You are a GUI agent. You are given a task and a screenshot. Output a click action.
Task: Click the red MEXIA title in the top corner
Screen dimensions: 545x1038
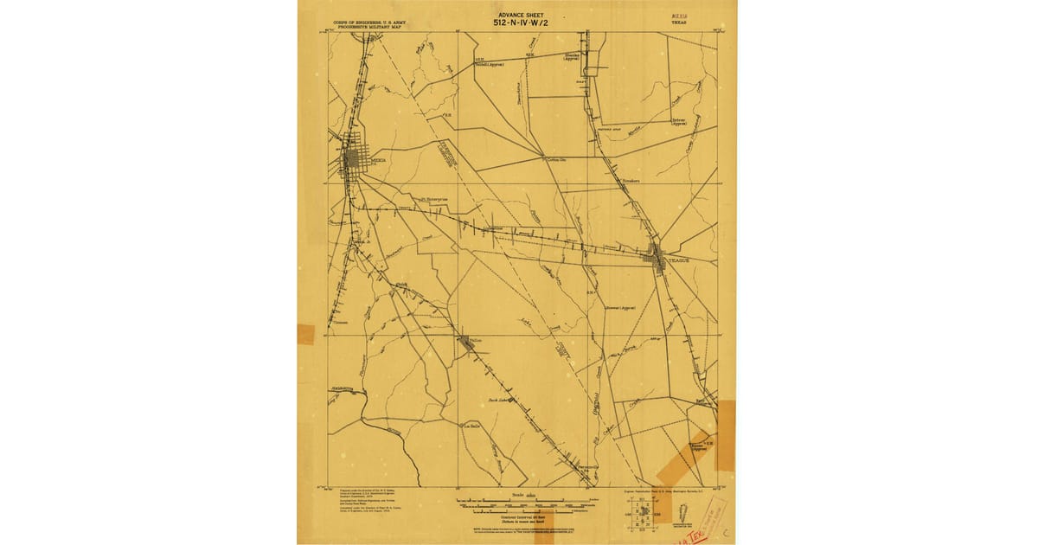(681, 16)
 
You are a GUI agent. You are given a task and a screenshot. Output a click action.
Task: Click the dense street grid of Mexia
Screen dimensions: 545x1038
(353, 161)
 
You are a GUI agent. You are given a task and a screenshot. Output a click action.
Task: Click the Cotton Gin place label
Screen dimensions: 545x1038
(556, 159)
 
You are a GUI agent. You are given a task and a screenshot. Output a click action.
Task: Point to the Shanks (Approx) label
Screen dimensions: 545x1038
(573, 57)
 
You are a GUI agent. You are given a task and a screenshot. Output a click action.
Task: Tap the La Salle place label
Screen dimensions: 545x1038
(471, 425)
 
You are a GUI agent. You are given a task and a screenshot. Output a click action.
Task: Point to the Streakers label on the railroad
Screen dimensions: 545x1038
(630, 182)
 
